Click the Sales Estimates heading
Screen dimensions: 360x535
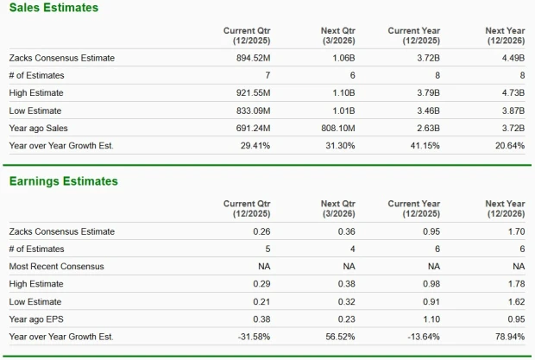click(53, 8)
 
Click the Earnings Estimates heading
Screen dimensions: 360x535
click(63, 181)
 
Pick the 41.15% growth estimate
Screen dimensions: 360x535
click(425, 145)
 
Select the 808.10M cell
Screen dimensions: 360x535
click(337, 128)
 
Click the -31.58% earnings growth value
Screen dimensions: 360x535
click(251, 336)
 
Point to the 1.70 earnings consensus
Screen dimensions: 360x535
click(515, 231)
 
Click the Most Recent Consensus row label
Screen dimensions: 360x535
click(56, 266)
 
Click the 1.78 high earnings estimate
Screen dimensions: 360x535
click(515, 283)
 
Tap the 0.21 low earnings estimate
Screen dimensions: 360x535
click(261, 301)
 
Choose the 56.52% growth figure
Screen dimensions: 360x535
click(337, 336)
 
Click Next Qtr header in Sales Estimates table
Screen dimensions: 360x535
click(337, 35)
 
